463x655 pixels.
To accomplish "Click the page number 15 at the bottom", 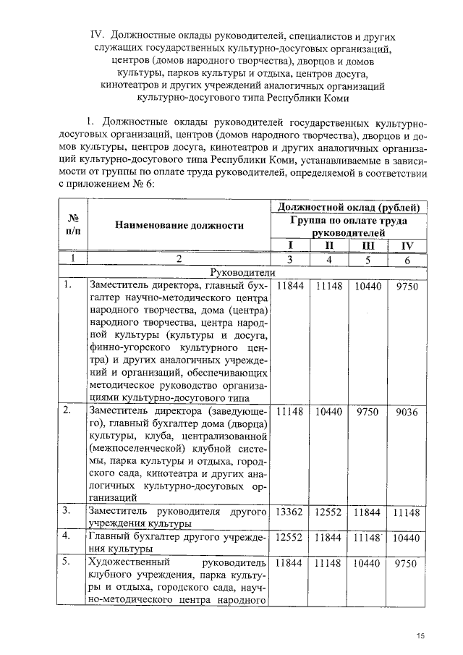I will (420, 635).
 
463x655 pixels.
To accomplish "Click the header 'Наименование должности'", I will (177, 225).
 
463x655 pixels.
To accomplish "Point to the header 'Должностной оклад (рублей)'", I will (350, 207).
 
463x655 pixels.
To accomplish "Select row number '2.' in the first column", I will (66, 410).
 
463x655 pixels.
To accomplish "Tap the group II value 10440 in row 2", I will (328, 411).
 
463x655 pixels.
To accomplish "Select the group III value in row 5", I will (368, 562).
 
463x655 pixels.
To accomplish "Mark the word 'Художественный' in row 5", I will (127, 562).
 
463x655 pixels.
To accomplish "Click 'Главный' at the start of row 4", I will (108, 536).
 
